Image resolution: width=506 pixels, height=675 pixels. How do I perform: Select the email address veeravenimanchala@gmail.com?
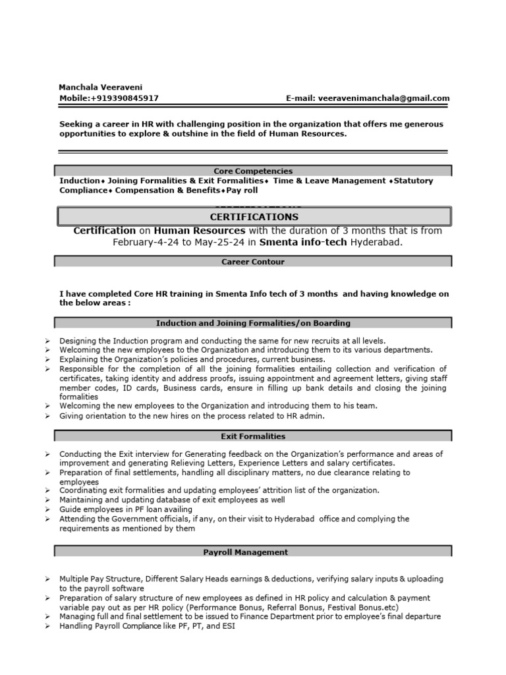click(383, 98)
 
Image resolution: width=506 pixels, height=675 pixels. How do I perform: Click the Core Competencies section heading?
click(253, 171)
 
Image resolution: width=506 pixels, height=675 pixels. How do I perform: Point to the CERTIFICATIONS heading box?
click(254, 217)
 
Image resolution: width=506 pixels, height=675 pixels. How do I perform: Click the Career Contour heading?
click(253, 262)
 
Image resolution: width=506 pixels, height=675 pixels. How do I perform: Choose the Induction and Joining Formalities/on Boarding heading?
click(253, 323)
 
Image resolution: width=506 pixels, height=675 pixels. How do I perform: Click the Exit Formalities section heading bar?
click(253, 436)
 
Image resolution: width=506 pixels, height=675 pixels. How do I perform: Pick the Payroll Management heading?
click(253, 552)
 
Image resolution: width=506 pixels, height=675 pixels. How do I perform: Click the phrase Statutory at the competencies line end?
click(413, 181)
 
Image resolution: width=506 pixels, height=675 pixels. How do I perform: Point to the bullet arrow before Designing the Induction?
click(48, 341)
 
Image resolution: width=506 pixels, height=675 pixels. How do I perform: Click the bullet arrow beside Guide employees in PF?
click(48, 510)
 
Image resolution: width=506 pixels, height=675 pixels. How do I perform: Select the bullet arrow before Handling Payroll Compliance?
click(48, 626)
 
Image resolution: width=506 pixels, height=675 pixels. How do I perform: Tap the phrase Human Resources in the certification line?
click(200, 231)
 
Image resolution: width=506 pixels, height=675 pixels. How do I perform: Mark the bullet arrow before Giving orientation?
click(48, 417)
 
